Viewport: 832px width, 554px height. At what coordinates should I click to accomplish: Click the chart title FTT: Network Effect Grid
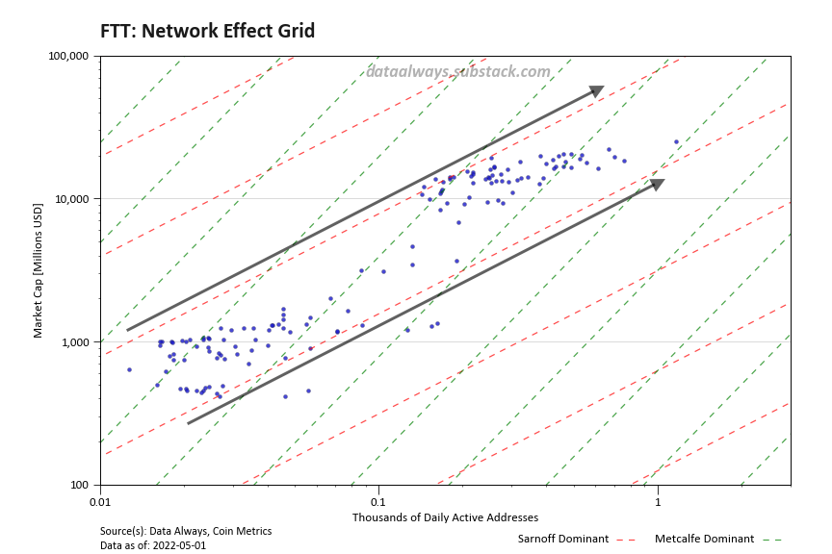(207, 31)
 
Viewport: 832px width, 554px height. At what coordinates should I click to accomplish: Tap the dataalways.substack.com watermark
(457, 71)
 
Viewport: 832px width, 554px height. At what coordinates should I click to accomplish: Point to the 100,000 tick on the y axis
(69, 56)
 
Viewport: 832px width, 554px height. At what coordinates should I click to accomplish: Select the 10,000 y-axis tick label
(72, 199)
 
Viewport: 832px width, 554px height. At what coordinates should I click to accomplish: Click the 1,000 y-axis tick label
(75, 342)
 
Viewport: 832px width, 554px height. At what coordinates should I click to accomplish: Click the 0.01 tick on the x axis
(100, 501)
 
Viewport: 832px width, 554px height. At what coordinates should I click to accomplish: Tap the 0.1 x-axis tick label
(378, 501)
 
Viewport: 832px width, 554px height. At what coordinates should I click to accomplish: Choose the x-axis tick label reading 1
(658, 501)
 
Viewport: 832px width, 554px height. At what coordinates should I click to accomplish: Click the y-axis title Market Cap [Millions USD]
(39, 270)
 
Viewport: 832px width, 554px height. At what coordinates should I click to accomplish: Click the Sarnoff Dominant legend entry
(563, 539)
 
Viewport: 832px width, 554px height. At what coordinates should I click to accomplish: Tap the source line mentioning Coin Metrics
(186, 531)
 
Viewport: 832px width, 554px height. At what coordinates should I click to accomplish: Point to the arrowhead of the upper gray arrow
(597, 90)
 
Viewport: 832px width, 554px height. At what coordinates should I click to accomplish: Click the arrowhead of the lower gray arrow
(658, 183)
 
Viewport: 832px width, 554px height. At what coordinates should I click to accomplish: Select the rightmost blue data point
(676, 142)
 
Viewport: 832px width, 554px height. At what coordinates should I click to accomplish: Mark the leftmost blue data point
(129, 369)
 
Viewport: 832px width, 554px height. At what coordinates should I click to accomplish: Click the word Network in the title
(180, 31)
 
